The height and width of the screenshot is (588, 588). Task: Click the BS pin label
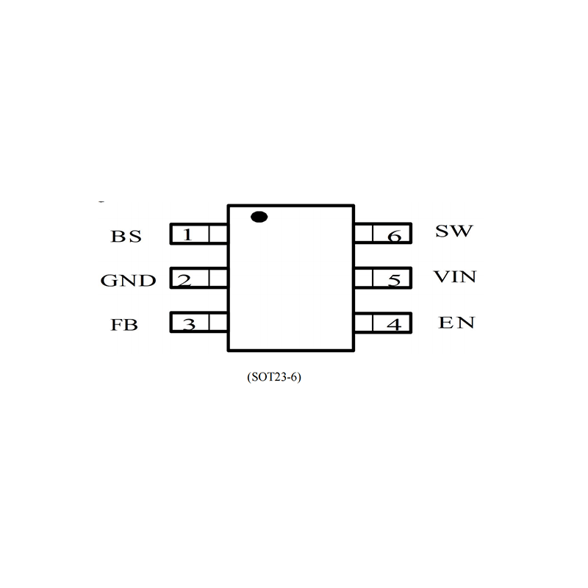(x=126, y=237)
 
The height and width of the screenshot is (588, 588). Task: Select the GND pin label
(x=128, y=281)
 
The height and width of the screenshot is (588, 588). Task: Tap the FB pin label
(x=125, y=324)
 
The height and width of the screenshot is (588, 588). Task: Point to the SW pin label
(x=453, y=232)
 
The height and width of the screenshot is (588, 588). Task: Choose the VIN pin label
(x=455, y=277)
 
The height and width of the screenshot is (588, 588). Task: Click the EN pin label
(x=456, y=323)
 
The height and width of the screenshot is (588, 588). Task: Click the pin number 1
(x=188, y=235)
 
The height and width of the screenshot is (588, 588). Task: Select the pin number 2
(x=185, y=280)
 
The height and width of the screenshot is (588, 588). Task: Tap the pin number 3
(x=189, y=323)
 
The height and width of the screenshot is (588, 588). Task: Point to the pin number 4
(x=395, y=323)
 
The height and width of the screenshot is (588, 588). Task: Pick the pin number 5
(x=395, y=280)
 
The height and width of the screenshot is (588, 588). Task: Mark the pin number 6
(x=395, y=236)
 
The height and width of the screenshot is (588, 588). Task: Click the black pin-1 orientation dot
(x=258, y=216)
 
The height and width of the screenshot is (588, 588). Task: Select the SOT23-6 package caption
(x=276, y=378)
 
